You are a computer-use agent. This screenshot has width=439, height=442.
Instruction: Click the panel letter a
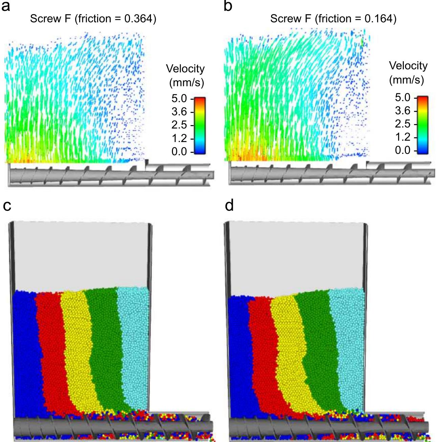tap(6, 7)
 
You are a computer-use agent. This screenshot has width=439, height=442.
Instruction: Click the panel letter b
tap(228, 6)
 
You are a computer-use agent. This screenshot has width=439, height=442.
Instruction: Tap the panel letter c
tap(7, 206)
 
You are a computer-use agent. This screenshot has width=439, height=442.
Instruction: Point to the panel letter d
tap(229, 205)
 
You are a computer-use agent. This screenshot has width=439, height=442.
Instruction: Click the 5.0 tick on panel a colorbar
tap(179, 99)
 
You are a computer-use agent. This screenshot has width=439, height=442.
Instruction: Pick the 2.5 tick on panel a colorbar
tap(179, 125)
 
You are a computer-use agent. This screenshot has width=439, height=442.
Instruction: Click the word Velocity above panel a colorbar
tap(185, 69)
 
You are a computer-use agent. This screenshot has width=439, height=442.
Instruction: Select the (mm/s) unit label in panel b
tap(406, 80)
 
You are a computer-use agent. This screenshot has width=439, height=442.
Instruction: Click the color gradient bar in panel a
tap(200, 125)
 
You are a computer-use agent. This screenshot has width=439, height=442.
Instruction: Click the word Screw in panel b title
tap(282, 19)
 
